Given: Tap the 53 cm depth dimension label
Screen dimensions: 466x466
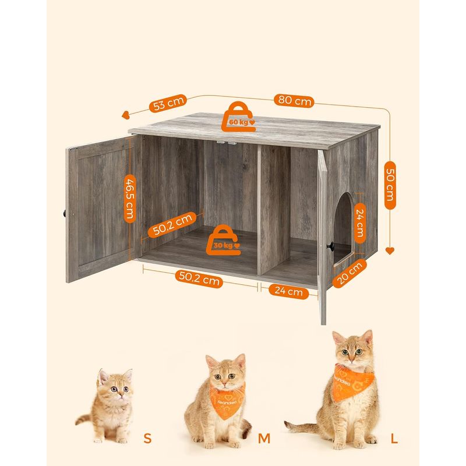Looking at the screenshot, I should point(168,104).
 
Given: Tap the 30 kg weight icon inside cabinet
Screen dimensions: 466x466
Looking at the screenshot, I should point(225,241).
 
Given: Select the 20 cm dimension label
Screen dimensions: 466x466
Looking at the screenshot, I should point(350,273).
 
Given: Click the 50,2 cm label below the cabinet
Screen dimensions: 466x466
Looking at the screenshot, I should point(199,280).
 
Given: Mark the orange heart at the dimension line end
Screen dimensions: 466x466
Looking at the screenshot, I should point(389,251).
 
